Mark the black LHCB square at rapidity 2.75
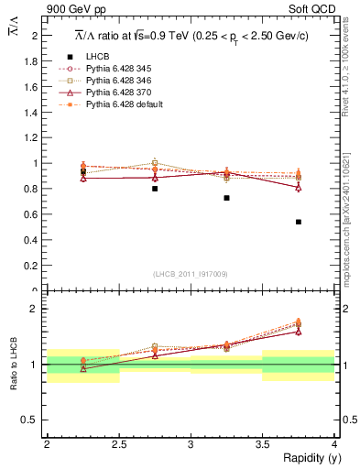click(x=155, y=189)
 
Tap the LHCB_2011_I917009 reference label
click(x=190, y=273)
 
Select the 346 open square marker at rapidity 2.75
click(x=155, y=163)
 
